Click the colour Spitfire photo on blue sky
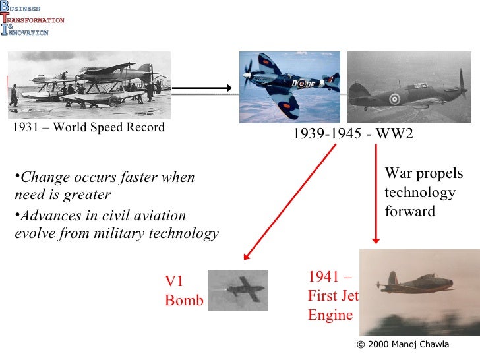pos(289,87)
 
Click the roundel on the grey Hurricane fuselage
pos(394,100)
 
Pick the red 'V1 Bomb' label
pos(183,291)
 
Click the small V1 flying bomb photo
pos(237,290)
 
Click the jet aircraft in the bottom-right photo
pos(415,284)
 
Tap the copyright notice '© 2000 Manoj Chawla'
pos(402,345)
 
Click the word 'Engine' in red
pos(330,315)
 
